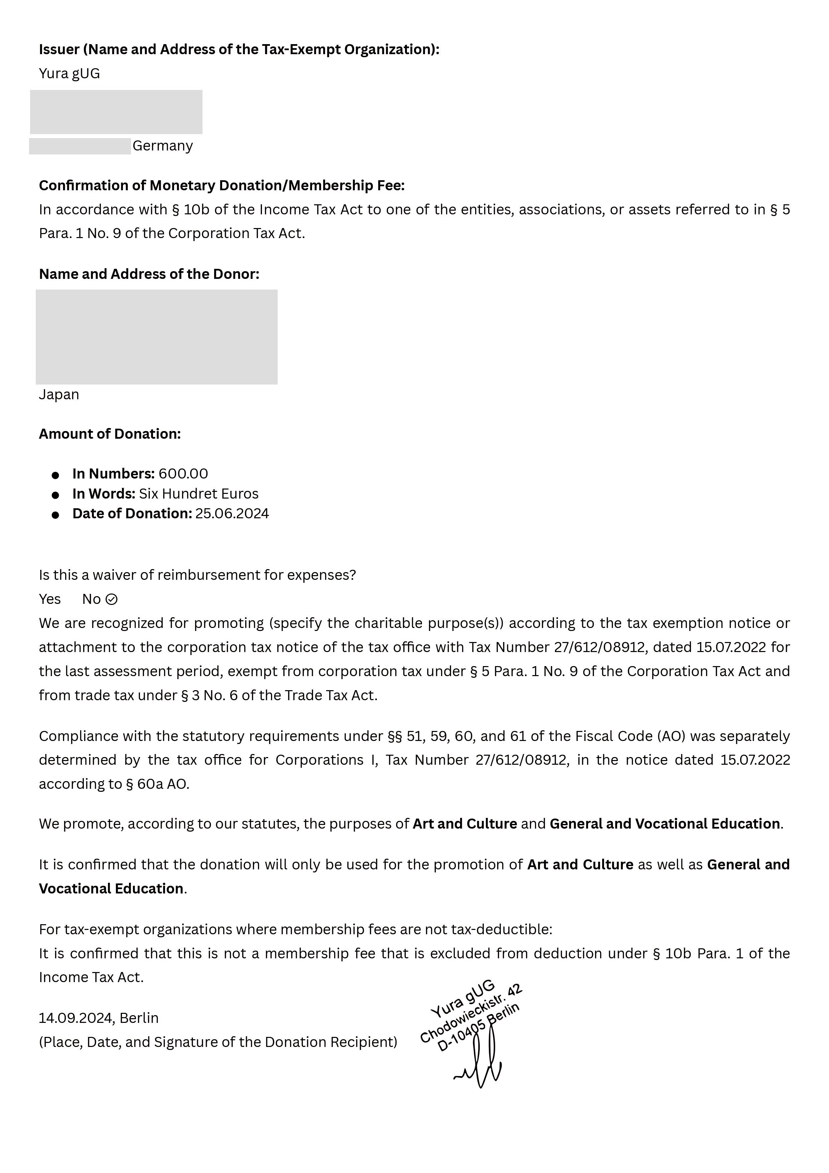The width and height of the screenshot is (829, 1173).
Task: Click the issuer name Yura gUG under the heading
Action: click(70, 74)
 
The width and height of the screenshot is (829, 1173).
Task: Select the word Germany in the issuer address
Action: click(162, 146)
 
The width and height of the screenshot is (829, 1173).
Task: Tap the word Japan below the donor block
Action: click(59, 395)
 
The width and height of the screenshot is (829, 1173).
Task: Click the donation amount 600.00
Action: click(183, 474)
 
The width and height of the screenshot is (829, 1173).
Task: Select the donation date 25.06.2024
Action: click(232, 514)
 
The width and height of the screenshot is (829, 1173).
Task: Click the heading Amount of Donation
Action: click(110, 434)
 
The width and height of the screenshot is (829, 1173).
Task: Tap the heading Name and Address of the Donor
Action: click(149, 274)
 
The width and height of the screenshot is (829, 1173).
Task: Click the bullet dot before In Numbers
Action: click(56, 475)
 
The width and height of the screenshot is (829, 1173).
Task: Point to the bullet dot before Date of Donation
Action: click(56, 515)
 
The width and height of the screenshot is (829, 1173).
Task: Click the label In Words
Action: click(104, 494)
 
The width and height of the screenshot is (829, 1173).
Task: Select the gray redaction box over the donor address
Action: click(156, 337)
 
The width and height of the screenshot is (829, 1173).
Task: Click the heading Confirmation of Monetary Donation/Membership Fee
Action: click(222, 186)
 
